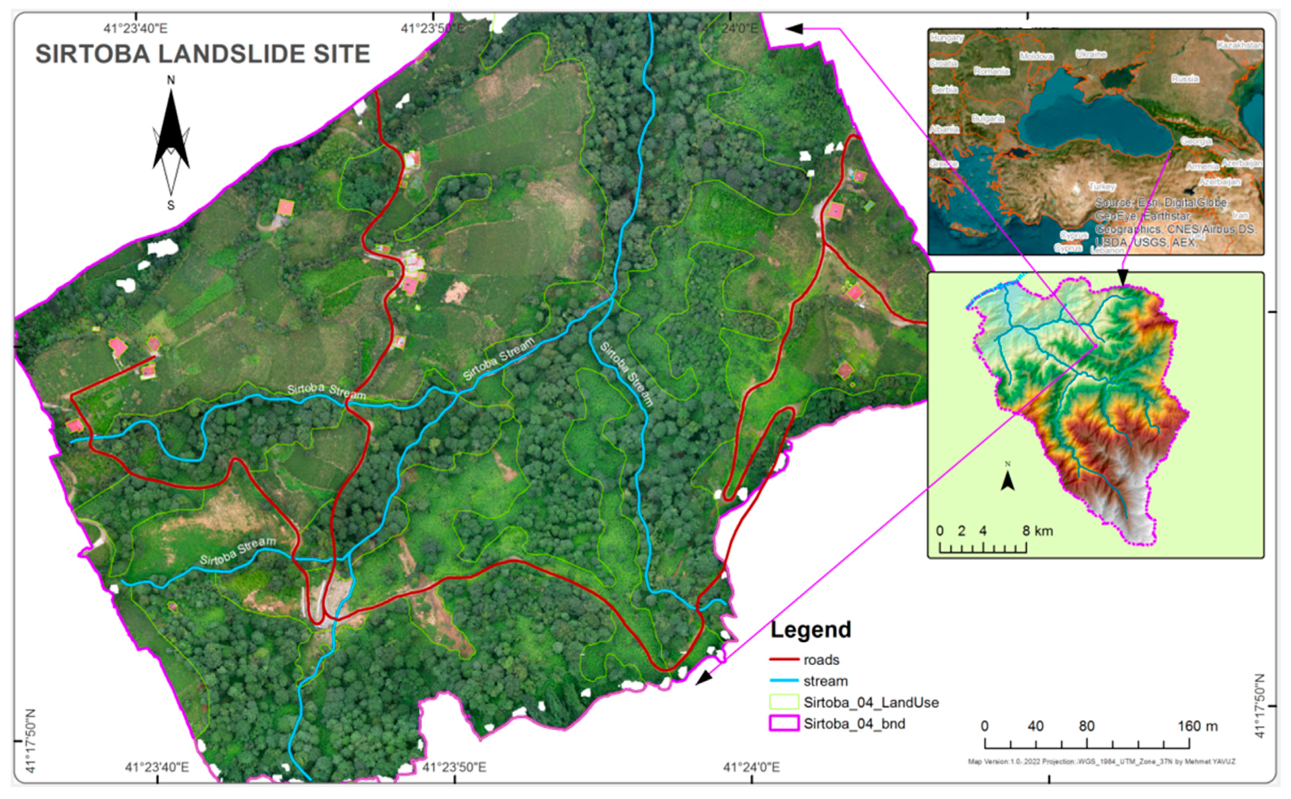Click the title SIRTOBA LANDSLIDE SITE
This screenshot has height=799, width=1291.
tap(202, 54)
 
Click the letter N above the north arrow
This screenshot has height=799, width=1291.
tap(171, 80)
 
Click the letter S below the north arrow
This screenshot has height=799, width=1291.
tap(171, 206)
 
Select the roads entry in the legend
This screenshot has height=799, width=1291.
tap(821, 660)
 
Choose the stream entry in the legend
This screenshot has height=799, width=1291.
tap(825, 681)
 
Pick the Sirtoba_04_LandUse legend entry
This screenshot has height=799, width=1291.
tap(870, 702)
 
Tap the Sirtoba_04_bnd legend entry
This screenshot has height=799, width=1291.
tap(853, 723)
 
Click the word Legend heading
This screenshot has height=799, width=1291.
tap(810, 630)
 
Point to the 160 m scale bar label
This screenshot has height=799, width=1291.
tap(1197, 726)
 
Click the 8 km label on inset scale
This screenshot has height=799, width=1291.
tap(1037, 530)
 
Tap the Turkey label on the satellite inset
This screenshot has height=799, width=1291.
tap(1101, 187)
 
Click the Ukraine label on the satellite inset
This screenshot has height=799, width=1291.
tap(1091, 54)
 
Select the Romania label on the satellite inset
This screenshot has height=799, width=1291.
tap(991, 71)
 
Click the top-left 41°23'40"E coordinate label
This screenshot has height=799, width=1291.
tap(135, 28)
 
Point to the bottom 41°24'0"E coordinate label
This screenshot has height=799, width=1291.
tap(751, 767)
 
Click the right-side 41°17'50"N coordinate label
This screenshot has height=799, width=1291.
tap(1260, 706)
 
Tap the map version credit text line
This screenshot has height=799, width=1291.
tap(1101, 761)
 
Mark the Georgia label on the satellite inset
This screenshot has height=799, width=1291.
tap(1196, 142)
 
